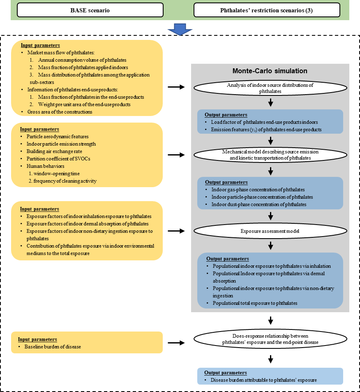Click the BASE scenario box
click(x=90, y=10)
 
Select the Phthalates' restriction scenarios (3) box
click(x=267, y=10)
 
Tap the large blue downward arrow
click(x=180, y=29)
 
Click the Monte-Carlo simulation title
click(x=270, y=71)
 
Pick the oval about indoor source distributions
click(x=270, y=88)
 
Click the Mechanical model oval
click(x=270, y=155)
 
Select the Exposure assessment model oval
click(x=270, y=231)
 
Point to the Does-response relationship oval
click(x=270, y=339)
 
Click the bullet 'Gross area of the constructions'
click(x=60, y=112)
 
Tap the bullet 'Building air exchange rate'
click(x=52, y=151)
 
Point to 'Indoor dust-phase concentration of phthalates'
click(x=259, y=204)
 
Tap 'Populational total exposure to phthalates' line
click(x=255, y=303)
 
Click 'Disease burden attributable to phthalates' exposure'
click(x=264, y=380)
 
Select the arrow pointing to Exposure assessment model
click(x=177, y=231)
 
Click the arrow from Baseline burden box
click(x=177, y=342)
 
